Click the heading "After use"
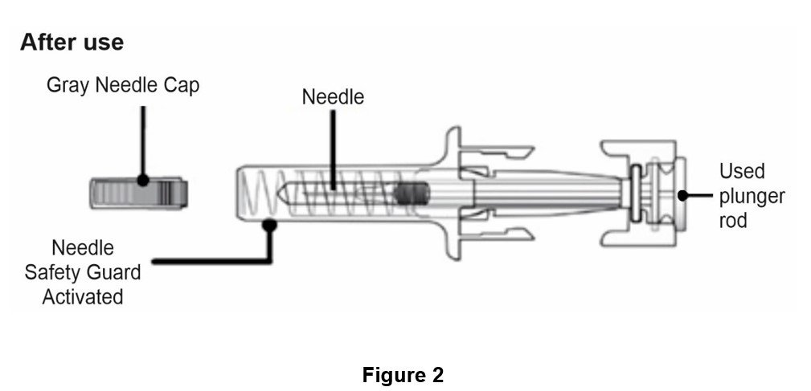click(72, 43)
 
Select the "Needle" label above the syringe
click(333, 97)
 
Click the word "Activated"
click(83, 296)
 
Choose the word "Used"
click(742, 171)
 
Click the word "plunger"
click(752, 195)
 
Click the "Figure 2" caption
click(403, 375)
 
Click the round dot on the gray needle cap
click(144, 182)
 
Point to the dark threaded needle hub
click(412, 193)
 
